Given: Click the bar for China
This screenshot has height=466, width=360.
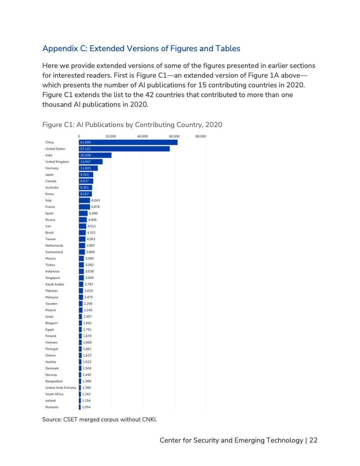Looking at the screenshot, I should [128, 142].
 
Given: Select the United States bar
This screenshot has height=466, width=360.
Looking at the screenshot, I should [124, 149].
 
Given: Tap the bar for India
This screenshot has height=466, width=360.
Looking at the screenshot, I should [95, 155].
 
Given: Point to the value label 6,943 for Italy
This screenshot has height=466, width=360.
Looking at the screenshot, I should [95, 200].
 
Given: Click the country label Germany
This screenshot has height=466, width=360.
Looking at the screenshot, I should [52, 168].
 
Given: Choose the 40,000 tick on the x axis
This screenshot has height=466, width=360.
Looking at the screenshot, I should [142, 136].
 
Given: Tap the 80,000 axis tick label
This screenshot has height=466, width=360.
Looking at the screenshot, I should [201, 136].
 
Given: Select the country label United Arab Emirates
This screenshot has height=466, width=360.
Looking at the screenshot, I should [60, 387].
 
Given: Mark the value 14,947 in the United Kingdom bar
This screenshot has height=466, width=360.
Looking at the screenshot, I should [86, 162].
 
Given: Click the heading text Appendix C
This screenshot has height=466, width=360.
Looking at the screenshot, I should [141, 48].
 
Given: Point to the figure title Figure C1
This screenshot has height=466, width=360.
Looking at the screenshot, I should [132, 125].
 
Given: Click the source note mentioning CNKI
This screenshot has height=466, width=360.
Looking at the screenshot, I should [100, 419].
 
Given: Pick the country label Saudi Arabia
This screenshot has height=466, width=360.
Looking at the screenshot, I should [55, 284].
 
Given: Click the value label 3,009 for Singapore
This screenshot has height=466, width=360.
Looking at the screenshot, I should [90, 278].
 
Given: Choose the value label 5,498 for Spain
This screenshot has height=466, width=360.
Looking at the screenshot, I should [94, 213].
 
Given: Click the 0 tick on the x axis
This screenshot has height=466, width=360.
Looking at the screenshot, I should [79, 136].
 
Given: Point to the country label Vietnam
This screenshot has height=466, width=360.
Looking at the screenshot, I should [51, 342].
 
